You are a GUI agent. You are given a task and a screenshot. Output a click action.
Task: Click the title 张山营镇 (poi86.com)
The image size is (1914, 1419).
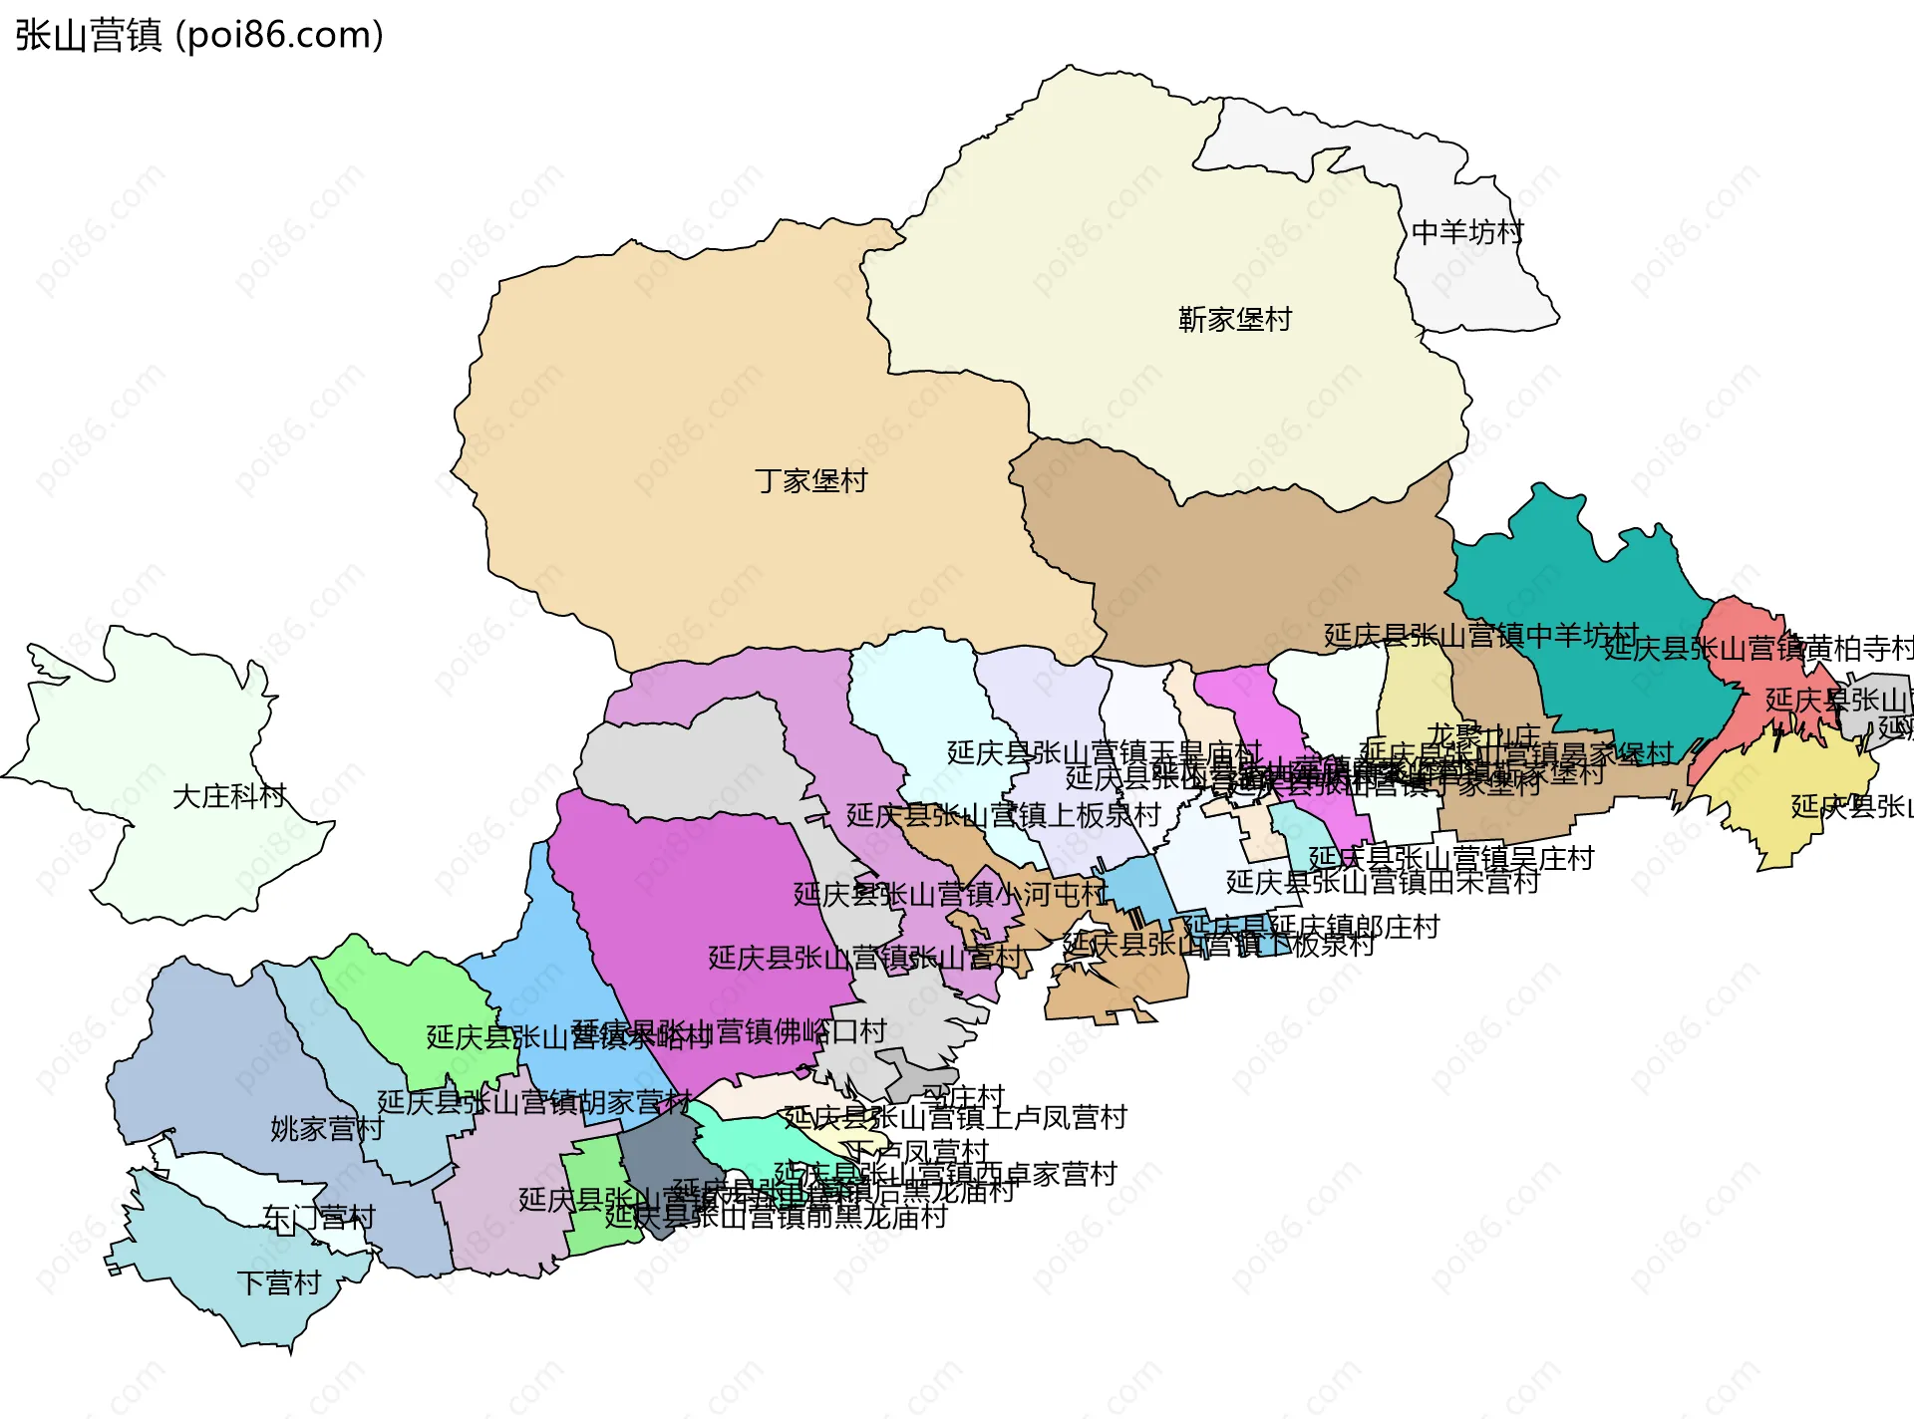[x=199, y=35]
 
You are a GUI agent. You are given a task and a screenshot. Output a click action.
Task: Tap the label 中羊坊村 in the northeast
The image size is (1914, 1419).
[x=1466, y=232]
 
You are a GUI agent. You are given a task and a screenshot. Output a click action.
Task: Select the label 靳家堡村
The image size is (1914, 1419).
[x=1234, y=319]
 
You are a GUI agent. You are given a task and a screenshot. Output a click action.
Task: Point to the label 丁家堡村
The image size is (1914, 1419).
[x=810, y=480]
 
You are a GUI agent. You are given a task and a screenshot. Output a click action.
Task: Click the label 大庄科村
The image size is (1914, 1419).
[x=228, y=796]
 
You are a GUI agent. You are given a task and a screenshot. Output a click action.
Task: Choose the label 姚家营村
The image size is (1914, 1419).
[x=327, y=1129]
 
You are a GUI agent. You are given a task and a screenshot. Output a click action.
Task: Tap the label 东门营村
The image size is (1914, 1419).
[x=318, y=1218]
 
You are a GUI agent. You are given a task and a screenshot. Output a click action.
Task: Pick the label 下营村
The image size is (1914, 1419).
[x=278, y=1282]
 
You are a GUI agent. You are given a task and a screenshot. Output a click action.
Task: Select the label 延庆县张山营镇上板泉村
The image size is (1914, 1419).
[x=1003, y=815]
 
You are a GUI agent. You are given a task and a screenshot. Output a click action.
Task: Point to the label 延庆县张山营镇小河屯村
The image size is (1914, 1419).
[x=949, y=894]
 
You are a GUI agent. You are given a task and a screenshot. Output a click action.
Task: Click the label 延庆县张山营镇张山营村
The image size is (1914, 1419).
[x=864, y=958]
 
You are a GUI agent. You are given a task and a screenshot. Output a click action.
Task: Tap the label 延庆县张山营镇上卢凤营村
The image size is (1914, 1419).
[x=954, y=1117]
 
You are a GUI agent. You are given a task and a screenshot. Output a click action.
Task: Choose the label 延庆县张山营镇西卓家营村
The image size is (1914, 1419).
[x=945, y=1174]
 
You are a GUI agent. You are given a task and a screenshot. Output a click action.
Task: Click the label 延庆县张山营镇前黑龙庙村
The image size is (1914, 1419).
[x=776, y=1216]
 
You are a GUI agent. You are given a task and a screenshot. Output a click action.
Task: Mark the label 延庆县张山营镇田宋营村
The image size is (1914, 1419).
[x=1382, y=882]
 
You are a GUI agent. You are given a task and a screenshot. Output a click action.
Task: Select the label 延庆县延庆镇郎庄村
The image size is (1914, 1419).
[x=1311, y=927]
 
